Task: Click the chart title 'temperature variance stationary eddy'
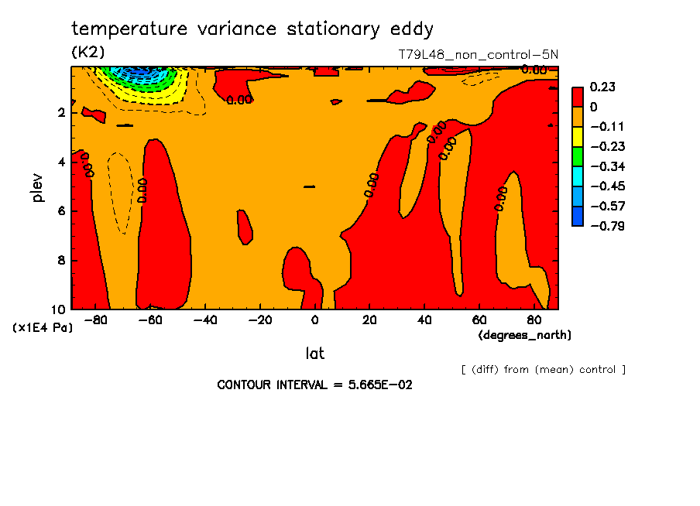pos(252,29)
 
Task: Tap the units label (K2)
pos(87,52)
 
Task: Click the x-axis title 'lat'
pos(314,354)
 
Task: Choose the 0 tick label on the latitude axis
pos(314,320)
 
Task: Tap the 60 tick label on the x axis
pos(479,320)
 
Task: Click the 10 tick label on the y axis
pos(59,309)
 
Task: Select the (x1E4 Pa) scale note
pos(43,328)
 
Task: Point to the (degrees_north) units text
pos(525,335)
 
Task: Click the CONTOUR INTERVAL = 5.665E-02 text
pos(314,385)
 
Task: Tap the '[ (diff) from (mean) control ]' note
pos(543,370)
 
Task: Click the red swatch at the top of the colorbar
pos(578,96)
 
